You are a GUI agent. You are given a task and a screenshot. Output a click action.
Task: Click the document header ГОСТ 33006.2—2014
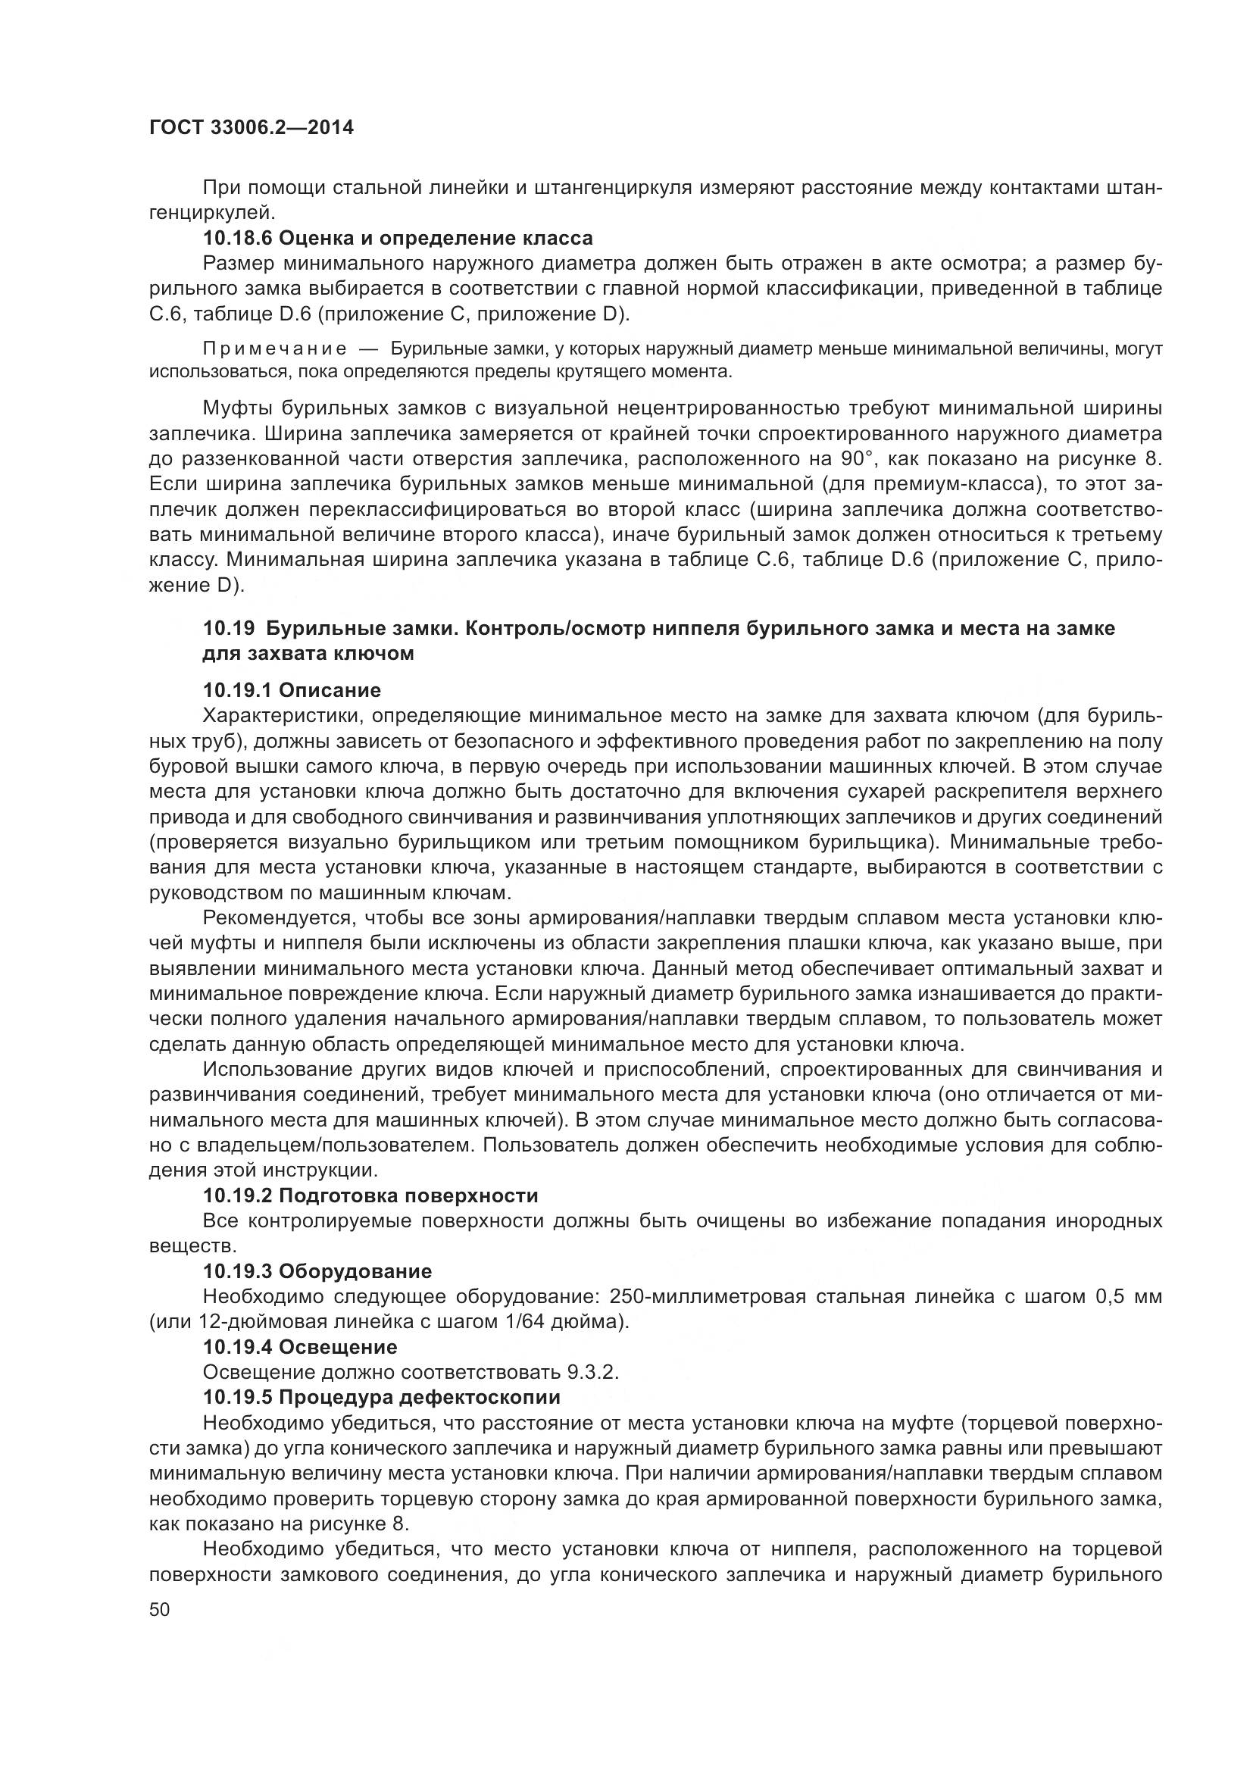252,127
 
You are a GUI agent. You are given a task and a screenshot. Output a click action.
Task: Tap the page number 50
160,1609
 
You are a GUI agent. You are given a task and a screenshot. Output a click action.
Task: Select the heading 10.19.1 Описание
292,690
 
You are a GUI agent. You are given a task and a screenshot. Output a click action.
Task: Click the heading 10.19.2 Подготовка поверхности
370,1196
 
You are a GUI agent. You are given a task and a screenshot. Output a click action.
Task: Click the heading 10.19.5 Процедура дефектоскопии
381,1398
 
